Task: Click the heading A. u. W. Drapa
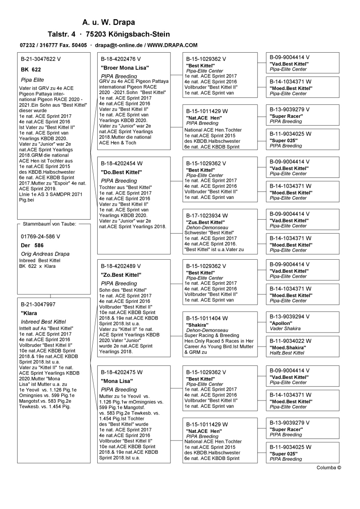108,22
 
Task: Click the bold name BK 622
31,70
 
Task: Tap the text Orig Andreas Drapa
45,254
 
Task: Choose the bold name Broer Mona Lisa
125,68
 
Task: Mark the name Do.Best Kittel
121,172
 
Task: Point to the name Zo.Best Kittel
121,275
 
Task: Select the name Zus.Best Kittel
205,222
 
